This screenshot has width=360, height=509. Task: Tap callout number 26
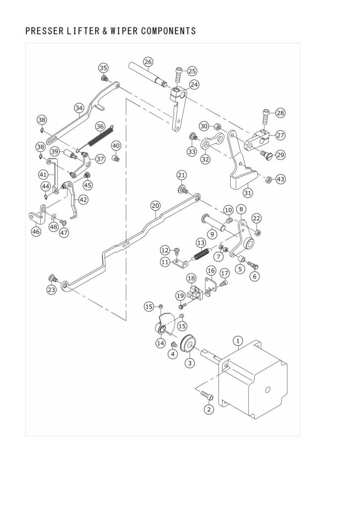tap(148, 62)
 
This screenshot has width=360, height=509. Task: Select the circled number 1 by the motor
tap(238, 341)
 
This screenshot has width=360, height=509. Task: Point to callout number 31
tap(248, 193)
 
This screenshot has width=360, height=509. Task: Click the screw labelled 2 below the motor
tap(207, 395)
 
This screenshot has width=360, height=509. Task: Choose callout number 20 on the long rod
tap(156, 206)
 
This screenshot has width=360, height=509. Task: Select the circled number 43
tap(280, 179)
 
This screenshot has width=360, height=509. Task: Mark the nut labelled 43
tap(269, 179)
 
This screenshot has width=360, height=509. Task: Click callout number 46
tap(36, 232)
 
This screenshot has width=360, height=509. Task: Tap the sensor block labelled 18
tap(195, 291)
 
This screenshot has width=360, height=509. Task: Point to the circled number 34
tap(79, 108)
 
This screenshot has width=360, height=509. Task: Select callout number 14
tap(161, 343)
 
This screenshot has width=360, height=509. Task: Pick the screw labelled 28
tap(265, 116)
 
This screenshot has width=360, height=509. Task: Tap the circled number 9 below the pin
tap(212, 234)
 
